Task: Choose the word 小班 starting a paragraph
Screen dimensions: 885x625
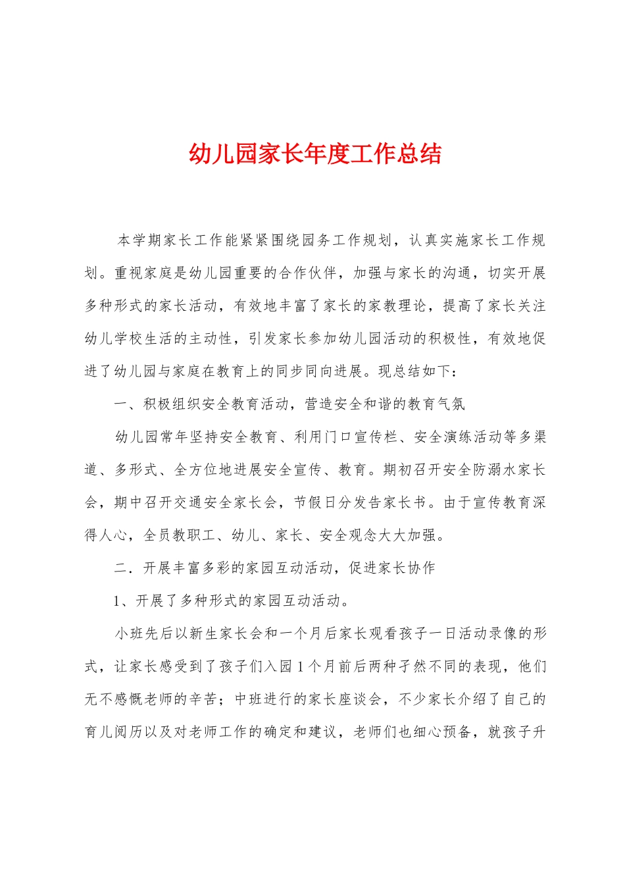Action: tap(130, 634)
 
